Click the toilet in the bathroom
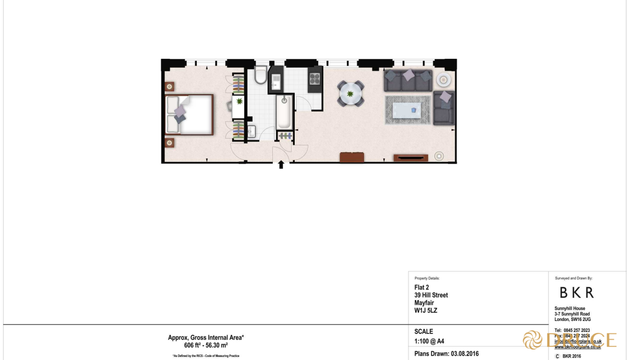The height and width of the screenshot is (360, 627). tap(261, 76)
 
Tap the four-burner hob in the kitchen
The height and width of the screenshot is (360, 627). tap(315, 79)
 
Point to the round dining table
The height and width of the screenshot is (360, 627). tap(350, 94)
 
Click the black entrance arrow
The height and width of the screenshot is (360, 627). tap(281, 165)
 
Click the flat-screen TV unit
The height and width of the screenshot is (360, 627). tap(411, 157)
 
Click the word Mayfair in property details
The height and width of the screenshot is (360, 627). tap(424, 303)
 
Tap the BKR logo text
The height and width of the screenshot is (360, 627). tap(576, 292)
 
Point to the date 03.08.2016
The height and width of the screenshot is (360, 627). tap(465, 354)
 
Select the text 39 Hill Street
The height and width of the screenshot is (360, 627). tap(431, 295)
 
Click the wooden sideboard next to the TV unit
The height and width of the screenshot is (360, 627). tap(352, 157)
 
